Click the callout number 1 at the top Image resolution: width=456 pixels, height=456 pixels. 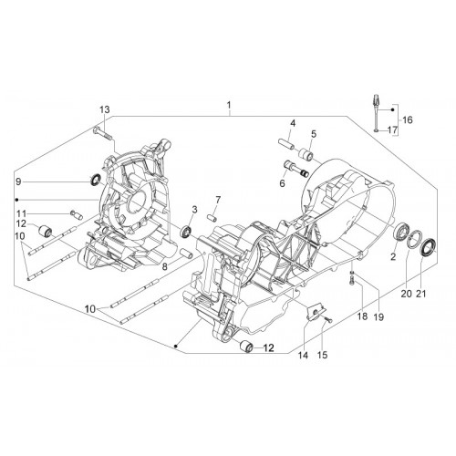tap(229, 106)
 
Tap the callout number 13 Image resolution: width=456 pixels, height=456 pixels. tap(105, 109)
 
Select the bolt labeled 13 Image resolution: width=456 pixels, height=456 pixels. tap(102, 133)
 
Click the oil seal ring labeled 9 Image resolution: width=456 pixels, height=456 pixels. tap(96, 180)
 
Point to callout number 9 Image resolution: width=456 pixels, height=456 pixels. tap(18, 181)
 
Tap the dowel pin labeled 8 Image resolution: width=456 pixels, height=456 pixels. tap(185, 253)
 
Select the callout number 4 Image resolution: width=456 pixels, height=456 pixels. tap(293, 123)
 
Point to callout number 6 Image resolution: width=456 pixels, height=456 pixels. tap(283, 183)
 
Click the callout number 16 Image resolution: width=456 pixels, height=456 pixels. tap(408, 119)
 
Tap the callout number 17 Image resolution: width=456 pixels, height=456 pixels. tap(393, 130)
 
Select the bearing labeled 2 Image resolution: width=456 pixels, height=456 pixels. tap(402, 232)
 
